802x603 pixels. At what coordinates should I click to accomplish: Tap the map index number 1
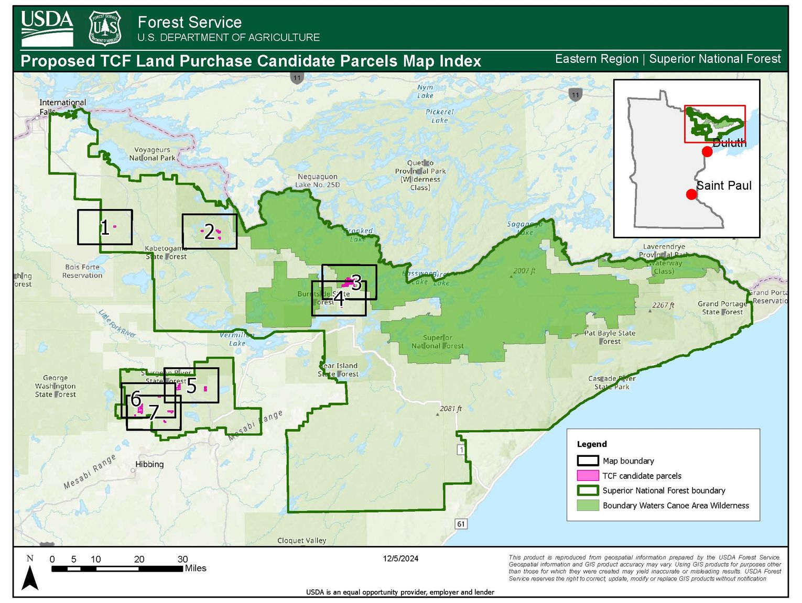point(105,228)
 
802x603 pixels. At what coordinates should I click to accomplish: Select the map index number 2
point(209,232)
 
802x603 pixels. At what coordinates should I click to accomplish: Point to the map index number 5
point(191,386)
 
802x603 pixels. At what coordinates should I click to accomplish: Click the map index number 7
point(154,413)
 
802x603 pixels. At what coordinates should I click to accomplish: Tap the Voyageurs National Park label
point(152,154)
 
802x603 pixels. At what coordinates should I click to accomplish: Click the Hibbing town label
point(149,464)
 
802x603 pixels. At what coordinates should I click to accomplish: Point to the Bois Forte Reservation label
point(82,271)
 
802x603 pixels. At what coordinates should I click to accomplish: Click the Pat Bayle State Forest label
point(610,337)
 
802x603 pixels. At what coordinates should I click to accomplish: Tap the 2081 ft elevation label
point(451,409)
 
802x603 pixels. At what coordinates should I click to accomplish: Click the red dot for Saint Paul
point(691,194)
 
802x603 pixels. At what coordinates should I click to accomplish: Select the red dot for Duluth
point(707,152)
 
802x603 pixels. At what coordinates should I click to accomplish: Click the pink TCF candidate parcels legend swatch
point(588,476)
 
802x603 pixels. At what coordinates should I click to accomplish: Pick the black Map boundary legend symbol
point(588,461)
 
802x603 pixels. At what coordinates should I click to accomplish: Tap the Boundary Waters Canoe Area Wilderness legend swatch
point(588,506)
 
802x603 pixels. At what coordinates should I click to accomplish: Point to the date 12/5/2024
point(400,558)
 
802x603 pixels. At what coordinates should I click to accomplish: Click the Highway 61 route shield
point(461,524)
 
